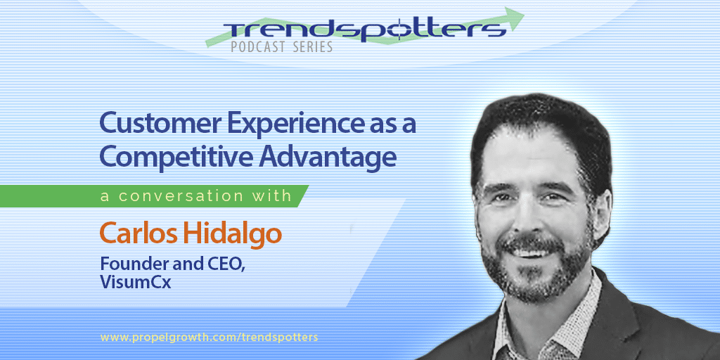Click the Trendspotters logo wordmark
coord(365,30)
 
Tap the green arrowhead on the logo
coord(513,17)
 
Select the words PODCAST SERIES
coord(282,47)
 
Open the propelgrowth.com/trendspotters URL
coord(209,337)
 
